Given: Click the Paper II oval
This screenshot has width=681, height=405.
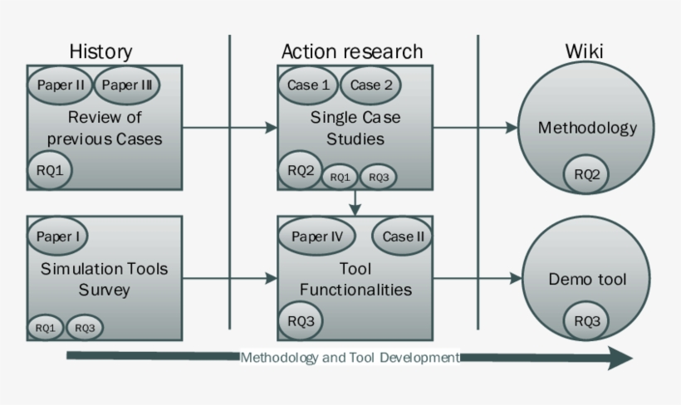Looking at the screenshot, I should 61,85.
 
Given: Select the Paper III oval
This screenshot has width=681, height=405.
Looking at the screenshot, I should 126,85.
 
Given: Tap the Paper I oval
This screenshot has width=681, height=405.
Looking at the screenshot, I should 58,236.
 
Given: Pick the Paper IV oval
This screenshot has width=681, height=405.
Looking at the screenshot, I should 317,236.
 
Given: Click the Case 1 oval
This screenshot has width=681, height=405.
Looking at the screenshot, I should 308,85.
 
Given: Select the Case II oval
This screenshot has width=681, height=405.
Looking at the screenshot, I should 403,236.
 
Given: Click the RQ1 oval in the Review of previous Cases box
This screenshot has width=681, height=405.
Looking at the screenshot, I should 49,170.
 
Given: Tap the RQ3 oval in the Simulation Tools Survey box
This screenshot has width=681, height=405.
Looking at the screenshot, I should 85,327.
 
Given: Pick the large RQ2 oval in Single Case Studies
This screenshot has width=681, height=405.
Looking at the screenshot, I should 301,170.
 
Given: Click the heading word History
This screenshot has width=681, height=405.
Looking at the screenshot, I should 100,51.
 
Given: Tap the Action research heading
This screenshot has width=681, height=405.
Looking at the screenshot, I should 351,51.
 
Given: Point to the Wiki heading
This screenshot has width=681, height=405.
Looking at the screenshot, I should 584,51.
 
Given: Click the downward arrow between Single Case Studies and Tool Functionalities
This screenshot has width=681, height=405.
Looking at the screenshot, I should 355,202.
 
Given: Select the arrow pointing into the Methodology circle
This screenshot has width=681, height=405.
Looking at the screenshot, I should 473,128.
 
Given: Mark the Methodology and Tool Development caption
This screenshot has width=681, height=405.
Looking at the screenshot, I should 350,358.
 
